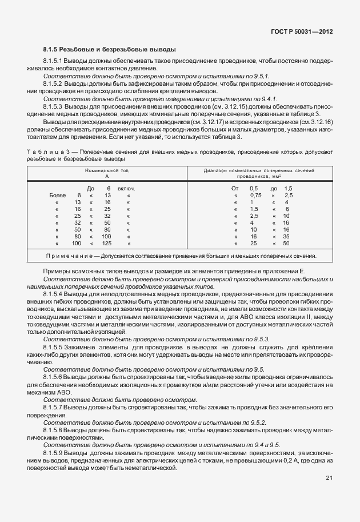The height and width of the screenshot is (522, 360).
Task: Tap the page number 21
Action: pos(329,478)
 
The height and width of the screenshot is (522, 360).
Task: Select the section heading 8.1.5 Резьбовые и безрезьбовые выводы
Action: pos(109,50)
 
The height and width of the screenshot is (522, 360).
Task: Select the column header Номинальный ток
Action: pos(107,171)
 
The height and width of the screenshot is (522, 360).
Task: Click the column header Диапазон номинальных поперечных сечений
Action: pos(259,171)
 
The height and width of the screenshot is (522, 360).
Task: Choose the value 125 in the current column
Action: pos(106,244)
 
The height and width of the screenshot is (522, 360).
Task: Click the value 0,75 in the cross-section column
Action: pos(255,196)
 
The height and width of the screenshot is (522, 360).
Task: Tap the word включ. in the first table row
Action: pos(126,189)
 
